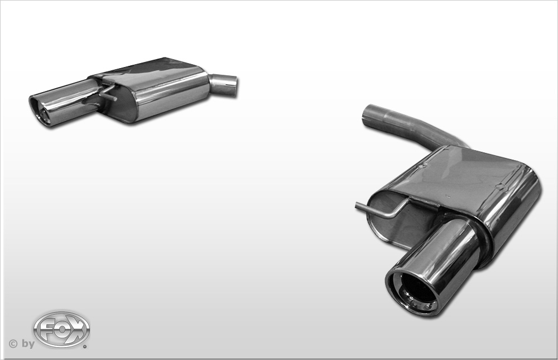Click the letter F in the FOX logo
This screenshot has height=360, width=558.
click(x=46, y=330)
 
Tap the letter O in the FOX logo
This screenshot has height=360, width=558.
click(x=61, y=329)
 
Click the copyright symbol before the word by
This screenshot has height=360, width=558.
click(x=13, y=344)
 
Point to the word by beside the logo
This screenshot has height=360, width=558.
click(x=28, y=344)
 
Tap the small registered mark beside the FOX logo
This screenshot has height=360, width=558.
click(x=85, y=345)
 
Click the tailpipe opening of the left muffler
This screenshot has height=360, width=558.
click(x=40, y=111)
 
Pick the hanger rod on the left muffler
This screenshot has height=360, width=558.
click(x=108, y=93)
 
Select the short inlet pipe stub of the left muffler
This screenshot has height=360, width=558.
click(x=223, y=85)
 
